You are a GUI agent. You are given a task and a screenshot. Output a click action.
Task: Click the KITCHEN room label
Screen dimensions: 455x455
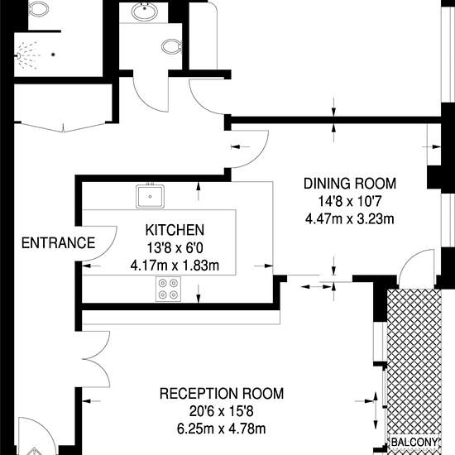pos(175,230)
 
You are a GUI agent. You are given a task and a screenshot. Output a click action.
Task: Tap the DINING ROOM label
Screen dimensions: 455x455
pos(350,184)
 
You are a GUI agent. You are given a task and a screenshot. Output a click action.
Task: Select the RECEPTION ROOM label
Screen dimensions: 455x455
pos(222,394)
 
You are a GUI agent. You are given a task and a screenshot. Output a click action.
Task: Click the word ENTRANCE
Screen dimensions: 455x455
pos(59,243)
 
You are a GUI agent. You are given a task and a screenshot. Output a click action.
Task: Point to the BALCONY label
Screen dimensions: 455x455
pos(414,443)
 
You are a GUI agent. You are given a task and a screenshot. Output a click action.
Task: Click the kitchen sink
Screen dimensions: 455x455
pos(150,196)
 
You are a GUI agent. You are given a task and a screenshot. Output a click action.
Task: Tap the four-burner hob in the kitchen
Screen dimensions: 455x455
pos(168,289)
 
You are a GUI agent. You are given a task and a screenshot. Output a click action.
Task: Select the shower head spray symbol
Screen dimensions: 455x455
pos(27,55)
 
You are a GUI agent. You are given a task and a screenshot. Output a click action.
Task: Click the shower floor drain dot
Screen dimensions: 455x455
pos(53,55)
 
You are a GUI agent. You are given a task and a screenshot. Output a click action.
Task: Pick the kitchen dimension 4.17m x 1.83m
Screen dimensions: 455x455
pos(175,266)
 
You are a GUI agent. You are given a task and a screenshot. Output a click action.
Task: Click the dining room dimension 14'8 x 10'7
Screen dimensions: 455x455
pos(349,201)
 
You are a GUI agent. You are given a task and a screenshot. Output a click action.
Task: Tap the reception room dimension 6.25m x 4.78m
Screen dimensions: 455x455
pos(222,429)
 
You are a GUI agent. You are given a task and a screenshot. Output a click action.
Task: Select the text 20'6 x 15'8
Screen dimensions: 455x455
pos(222,411)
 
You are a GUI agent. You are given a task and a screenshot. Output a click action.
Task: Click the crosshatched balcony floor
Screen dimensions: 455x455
pos(414,362)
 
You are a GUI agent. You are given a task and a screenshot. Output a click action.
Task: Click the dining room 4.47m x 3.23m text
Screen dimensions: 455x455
pos(350,218)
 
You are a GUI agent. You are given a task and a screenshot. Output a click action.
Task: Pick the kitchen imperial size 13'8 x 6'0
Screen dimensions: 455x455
pos(175,248)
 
